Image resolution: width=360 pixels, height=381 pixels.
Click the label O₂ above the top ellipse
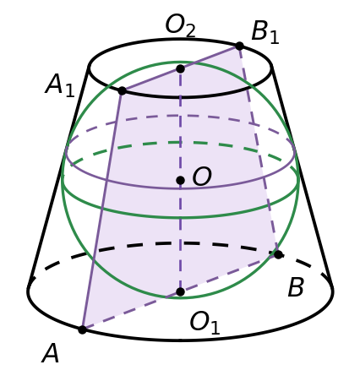click(180, 25)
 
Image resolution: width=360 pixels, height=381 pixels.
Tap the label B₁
click(265, 32)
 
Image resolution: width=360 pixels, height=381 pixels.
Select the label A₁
click(60, 85)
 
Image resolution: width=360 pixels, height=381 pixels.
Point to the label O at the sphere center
click(202, 177)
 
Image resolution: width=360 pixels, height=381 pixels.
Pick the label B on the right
click(296, 287)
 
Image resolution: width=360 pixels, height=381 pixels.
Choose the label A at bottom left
click(51, 354)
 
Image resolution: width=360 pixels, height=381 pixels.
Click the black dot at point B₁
click(239, 46)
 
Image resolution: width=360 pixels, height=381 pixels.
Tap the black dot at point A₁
click(122, 91)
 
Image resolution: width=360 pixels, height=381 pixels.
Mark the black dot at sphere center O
click(180, 180)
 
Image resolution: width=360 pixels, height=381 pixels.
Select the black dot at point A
click(82, 329)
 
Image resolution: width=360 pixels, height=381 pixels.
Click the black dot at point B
click(278, 255)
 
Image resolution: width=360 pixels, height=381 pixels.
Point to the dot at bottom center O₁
click(180, 291)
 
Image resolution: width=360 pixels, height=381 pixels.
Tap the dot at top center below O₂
click(180, 68)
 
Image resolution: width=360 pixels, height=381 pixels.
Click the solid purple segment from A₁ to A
click(102, 210)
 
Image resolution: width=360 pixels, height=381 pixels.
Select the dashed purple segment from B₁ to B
click(259, 150)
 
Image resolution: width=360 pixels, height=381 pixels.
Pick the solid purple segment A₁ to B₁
click(181, 68)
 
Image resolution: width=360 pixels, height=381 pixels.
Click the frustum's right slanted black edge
click(303, 178)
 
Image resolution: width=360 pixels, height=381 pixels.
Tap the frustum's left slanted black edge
click(58, 178)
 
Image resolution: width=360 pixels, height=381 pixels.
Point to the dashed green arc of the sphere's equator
click(180, 143)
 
